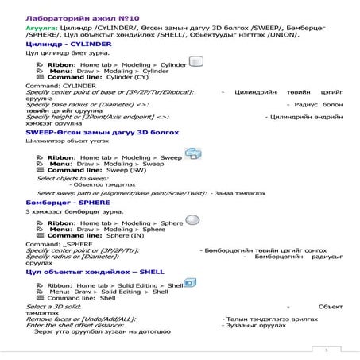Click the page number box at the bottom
(327, 349)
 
